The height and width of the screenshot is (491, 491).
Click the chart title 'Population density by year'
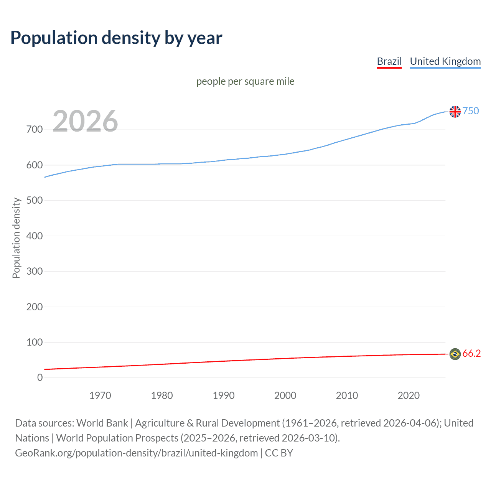click(x=116, y=38)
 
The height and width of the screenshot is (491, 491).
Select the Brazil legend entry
click(x=389, y=61)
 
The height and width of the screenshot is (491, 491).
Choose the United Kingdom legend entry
click(x=445, y=61)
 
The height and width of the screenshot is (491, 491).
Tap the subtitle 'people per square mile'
click(x=245, y=82)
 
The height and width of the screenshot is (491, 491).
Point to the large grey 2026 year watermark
click(x=85, y=121)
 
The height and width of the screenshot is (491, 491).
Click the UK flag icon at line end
click(x=455, y=112)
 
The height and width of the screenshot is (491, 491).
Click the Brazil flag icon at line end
click(x=455, y=354)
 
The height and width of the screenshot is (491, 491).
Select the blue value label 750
click(x=471, y=111)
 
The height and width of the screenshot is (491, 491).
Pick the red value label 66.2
click(x=471, y=353)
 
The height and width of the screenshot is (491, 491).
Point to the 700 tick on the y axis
click(x=35, y=130)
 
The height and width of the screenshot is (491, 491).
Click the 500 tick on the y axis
click(x=35, y=201)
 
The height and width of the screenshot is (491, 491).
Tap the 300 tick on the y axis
click(x=35, y=272)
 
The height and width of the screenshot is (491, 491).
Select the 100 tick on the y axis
click(x=35, y=342)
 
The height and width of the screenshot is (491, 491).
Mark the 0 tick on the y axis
click(x=40, y=378)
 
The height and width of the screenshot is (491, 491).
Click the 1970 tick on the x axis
click(x=100, y=395)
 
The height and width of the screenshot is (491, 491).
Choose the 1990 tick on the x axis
click(x=224, y=395)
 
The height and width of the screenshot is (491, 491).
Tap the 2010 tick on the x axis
click(x=347, y=395)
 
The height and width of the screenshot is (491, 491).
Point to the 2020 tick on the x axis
click(x=409, y=395)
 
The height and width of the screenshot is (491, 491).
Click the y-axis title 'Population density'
click(x=16, y=238)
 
